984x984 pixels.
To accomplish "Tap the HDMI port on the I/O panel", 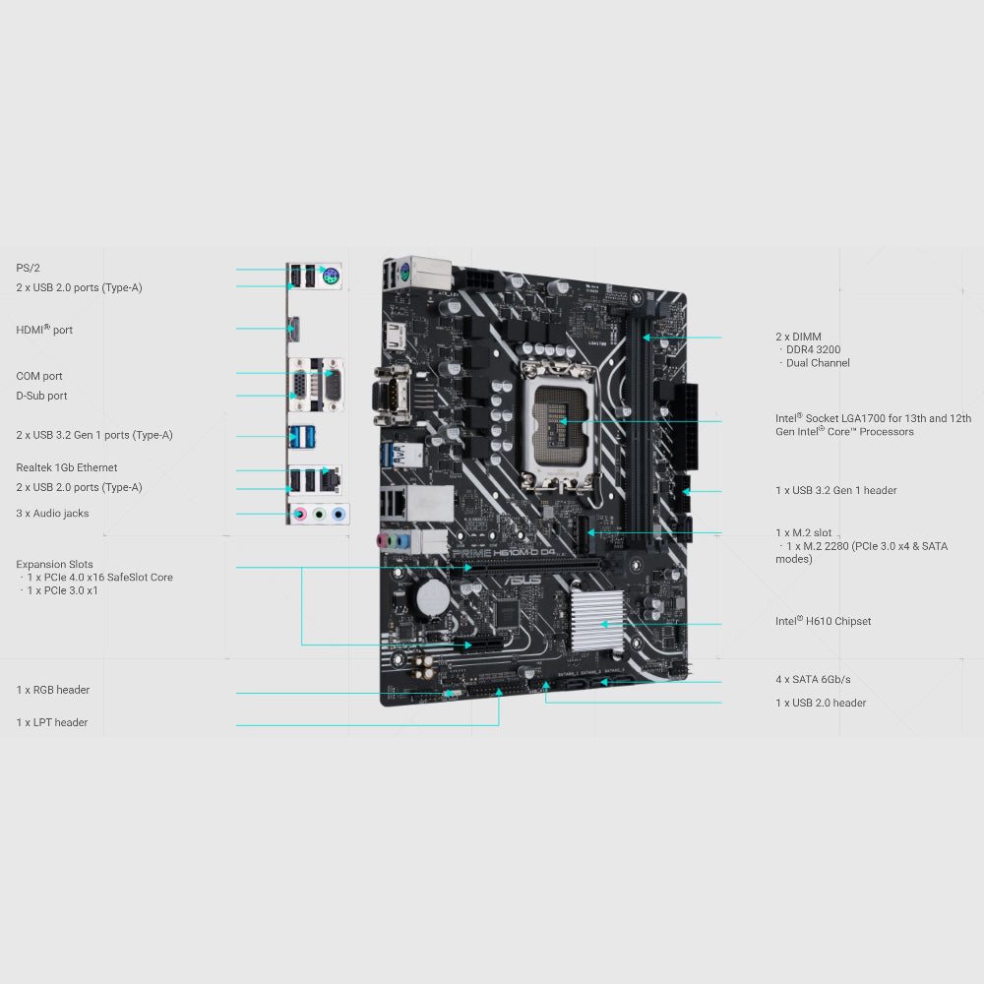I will (x=293, y=329).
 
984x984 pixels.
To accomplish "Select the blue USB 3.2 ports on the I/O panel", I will (x=302, y=435).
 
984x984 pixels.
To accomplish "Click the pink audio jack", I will (x=302, y=514).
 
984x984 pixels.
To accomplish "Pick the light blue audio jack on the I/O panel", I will (x=338, y=514).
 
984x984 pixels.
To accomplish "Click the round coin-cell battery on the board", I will (x=432, y=596).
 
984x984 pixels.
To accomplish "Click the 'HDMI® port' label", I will (x=44, y=330).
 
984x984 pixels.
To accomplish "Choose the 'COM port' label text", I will (x=39, y=376).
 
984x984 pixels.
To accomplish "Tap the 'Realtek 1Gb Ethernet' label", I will (x=66, y=467).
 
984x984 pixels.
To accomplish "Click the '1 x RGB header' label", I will (x=52, y=690).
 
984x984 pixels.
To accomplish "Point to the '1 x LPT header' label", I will (x=51, y=722).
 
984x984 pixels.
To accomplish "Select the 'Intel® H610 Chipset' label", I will (x=823, y=621).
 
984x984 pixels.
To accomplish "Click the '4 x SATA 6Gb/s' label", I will (x=813, y=679).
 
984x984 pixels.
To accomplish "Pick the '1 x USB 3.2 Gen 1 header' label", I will (x=835, y=490).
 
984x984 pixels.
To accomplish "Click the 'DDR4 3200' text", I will (x=813, y=349).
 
